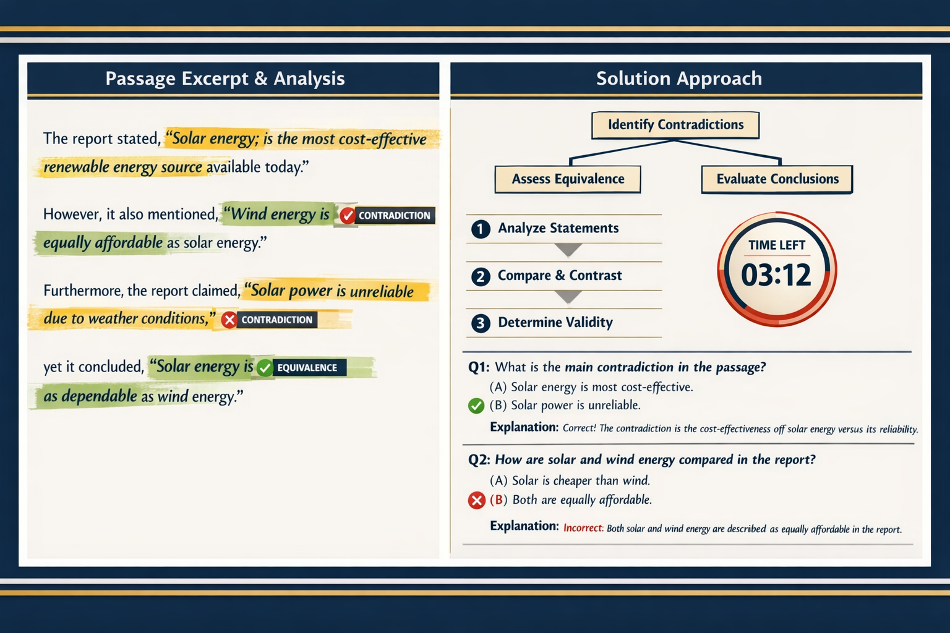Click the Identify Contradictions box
675,125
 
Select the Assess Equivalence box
568,179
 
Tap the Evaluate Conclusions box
777,179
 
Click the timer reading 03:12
776,275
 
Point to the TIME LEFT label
777,245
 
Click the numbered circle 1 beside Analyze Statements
481,229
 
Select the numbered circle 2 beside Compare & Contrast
481,276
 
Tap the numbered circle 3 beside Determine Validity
481,323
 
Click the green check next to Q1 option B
476,406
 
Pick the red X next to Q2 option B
476,500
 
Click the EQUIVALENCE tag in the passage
307,368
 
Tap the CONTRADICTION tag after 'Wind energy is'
394,216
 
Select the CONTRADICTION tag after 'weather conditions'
276,320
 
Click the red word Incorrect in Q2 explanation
583,528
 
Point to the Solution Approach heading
679,79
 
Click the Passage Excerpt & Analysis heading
225,79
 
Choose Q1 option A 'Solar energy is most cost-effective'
591,387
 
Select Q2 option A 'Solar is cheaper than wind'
570,480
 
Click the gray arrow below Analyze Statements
568,250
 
